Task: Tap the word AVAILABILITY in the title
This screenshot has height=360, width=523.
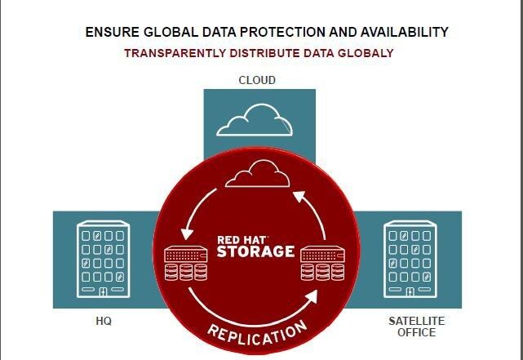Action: (x=404, y=32)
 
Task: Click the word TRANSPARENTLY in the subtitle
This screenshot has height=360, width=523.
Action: (x=175, y=53)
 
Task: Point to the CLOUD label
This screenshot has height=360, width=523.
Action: (x=257, y=80)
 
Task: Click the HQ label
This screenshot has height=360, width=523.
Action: (x=104, y=322)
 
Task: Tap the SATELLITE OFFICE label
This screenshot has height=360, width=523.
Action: (x=417, y=327)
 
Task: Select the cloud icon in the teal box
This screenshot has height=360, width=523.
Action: (x=255, y=120)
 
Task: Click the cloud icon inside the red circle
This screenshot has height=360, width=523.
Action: (x=258, y=174)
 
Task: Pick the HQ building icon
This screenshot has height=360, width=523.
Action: (x=104, y=260)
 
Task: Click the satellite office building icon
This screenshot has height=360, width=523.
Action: (x=410, y=260)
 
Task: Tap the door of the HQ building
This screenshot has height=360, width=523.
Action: (x=104, y=292)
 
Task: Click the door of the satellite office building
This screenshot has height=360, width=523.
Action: (x=410, y=292)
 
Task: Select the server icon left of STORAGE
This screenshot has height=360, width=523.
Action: (x=186, y=263)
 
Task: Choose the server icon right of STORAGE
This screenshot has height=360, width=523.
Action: (x=322, y=263)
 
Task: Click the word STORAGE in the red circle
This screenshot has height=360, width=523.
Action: (x=256, y=251)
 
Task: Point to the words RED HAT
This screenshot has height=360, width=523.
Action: (x=242, y=240)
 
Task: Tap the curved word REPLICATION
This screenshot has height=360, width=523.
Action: (x=257, y=334)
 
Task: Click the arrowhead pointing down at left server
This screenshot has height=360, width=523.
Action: (x=187, y=233)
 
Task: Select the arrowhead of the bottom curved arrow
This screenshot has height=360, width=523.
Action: (x=311, y=296)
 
